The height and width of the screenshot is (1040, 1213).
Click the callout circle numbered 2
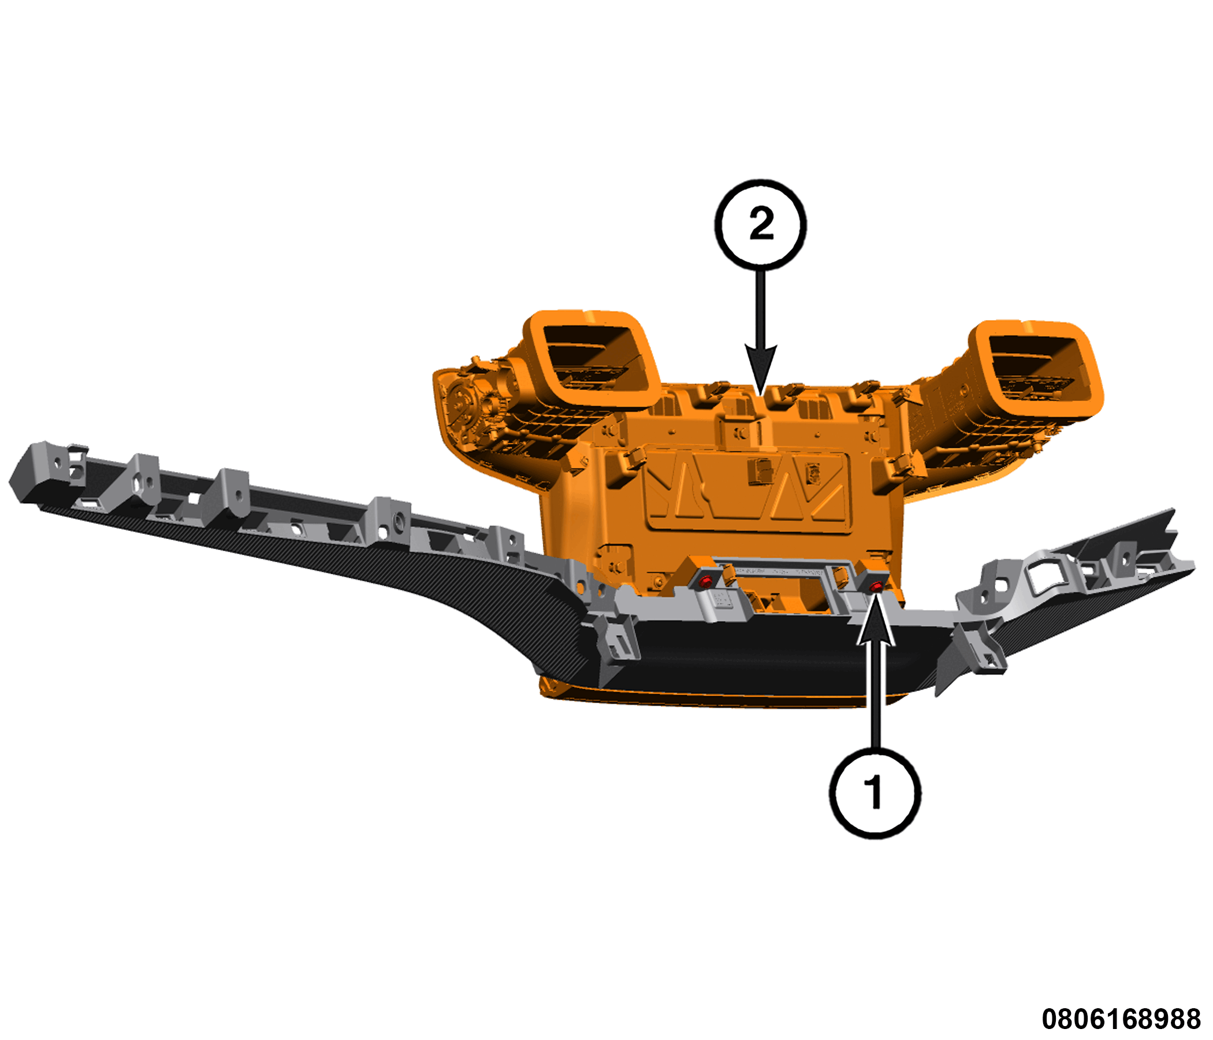pyautogui.click(x=760, y=224)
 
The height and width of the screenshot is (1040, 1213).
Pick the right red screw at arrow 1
pyautogui.click(x=876, y=587)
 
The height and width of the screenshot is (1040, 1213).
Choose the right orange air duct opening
pyautogui.click(x=1035, y=370)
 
